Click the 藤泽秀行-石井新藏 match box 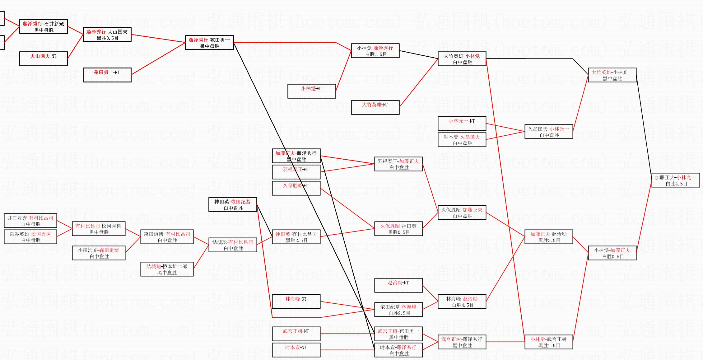pyautogui.click(x=44, y=26)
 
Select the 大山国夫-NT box pyautogui.click(x=44, y=58)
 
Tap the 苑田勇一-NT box pyautogui.click(x=107, y=75)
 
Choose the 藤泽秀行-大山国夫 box pyautogui.click(x=107, y=35)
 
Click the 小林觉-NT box pyautogui.click(x=312, y=91)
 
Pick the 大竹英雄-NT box pyautogui.click(x=375, y=107)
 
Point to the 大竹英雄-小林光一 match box pyautogui.click(x=612, y=75)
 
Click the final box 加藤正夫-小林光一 pyautogui.click(x=675, y=180)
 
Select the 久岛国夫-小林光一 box pyautogui.click(x=549, y=132)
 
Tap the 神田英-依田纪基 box pyautogui.click(x=233, y=204)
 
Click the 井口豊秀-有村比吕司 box pyautogui.click(x=30, y=221)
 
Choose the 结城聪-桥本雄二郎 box pyautogui.click(x=167, y=269)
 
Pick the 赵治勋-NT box pyautogui.click(x=398, y=285)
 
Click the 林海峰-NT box pyautogui.click(x=296, y=302)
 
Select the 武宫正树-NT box pyautogui.click(x=296, y=334)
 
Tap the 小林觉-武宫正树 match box pyautogui.click(x=549, y=342)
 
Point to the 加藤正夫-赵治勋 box pyautogui.click(x=549, y=237)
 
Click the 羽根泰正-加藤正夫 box pyautogui.click(x=398, y=164)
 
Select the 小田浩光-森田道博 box pyautogui.click(x=99, y=253)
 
